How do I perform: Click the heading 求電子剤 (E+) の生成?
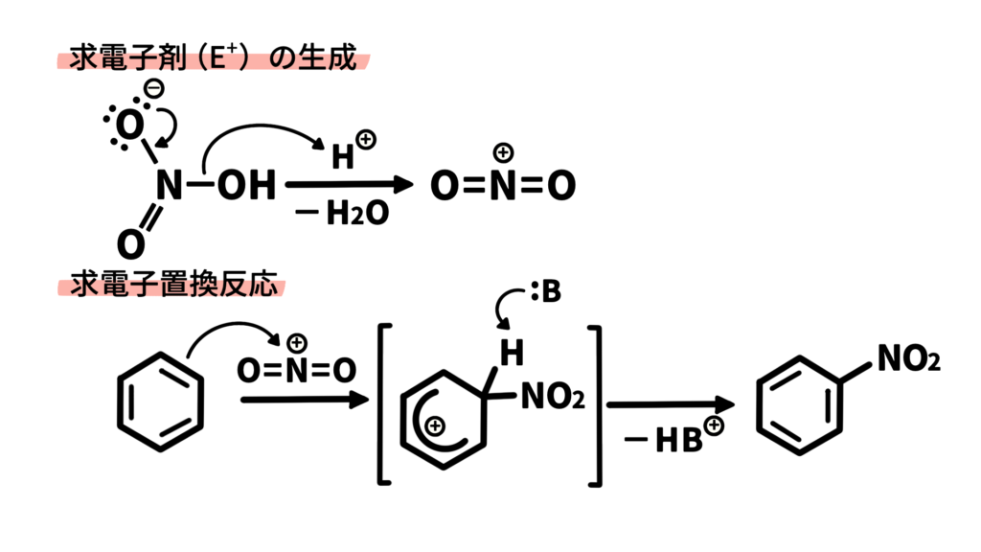point(213,57)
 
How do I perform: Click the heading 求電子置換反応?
point(173,285)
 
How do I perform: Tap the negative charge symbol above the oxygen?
point(154,88)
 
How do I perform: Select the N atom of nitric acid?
point(169,185)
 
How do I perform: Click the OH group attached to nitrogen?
point(246,185)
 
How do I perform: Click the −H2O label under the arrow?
point(342,213)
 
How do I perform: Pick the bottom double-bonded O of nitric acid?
point(130,244)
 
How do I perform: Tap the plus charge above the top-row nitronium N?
point(503,152)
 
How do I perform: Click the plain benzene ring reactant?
point(161,402)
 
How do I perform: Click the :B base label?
point(546,291)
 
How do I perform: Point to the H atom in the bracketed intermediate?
point(512,353)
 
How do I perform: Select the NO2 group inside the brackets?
point(553,396)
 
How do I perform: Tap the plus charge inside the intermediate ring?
point(434,426)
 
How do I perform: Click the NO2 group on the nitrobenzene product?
point(908,358)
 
